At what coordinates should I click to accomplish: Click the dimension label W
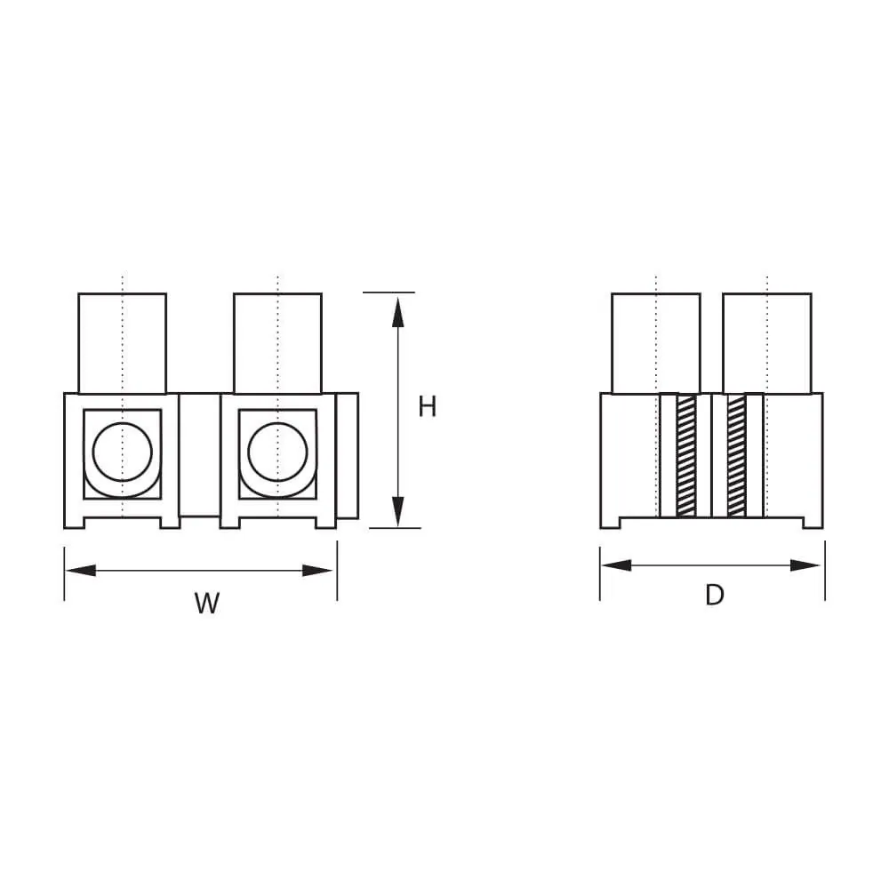coord(206,604)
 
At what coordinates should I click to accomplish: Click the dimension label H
coord(428,407)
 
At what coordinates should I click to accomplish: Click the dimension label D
coord(715,595)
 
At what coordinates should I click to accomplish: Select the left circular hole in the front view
coord(122,451)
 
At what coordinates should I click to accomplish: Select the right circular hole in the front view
coord(277,451)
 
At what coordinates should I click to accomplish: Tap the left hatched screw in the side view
coord(685,455)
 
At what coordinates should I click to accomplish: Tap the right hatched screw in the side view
coord(736,455)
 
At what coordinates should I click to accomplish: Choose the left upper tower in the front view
coord(123,342)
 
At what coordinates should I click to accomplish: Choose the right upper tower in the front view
coord(277,342)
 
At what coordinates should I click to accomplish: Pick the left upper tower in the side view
coord(655,342)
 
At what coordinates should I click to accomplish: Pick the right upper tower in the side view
coord(767,342)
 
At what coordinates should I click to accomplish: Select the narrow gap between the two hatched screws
coord(710,455)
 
